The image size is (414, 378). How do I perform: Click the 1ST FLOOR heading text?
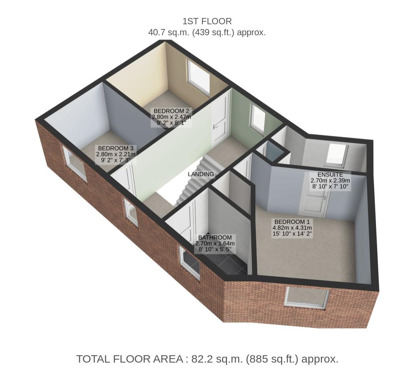[x=207, y=21]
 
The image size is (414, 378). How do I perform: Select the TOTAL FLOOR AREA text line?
[x=207, y=359]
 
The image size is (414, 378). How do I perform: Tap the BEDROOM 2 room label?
[x=171, y=111]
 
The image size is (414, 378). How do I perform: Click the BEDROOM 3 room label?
[x=116, y=148]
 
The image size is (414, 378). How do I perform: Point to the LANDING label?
[x=201, y=174]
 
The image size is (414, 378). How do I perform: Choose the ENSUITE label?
[x=330, y=174]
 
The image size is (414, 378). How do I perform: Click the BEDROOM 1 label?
[x=292, y=222]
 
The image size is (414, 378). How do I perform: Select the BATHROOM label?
[x=215, y=238]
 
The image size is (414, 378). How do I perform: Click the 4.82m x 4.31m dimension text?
[x=292, y=228]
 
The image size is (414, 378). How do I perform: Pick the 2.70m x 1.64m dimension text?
[x=215, y=243]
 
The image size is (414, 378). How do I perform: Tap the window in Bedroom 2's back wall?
[x=199, y=77]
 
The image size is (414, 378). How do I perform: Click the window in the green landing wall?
[x=258, y=118]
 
